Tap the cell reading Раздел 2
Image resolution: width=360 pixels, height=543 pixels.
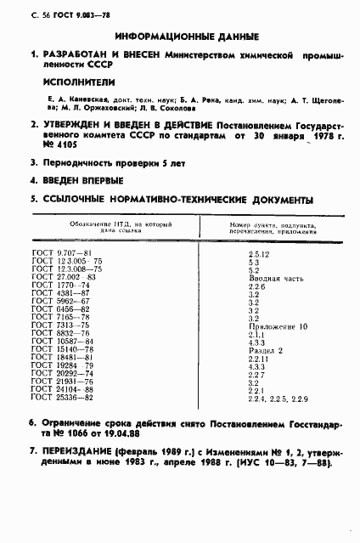pyautogui.click(x=264, y=350)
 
